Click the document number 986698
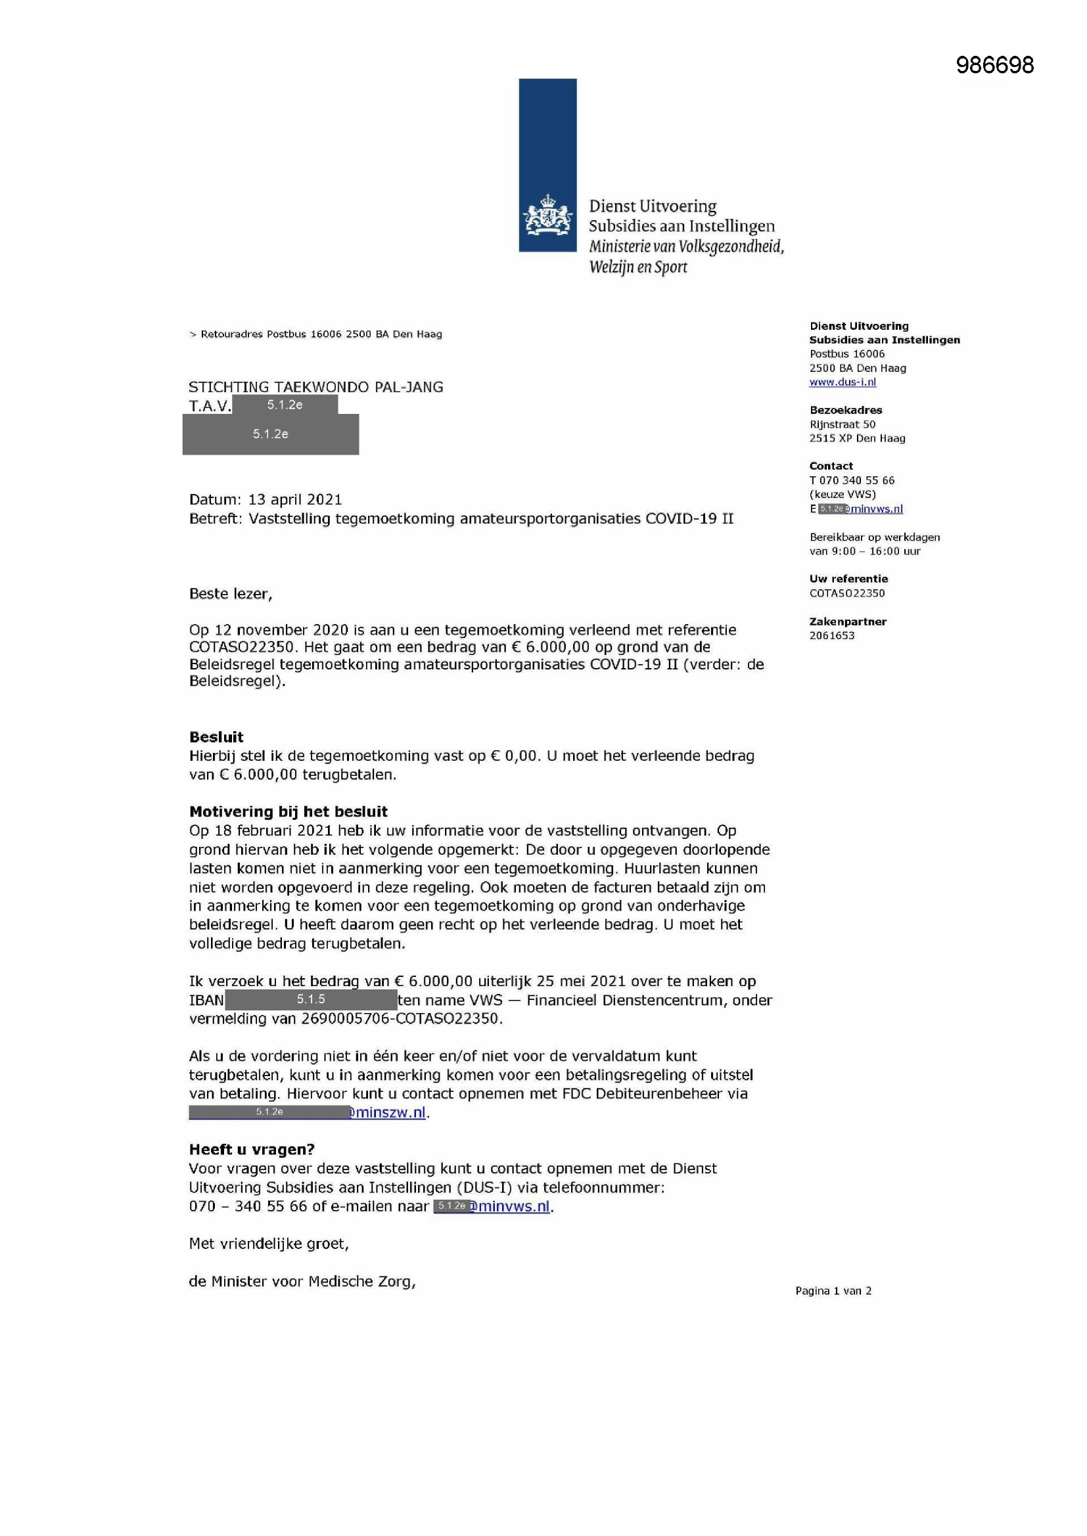994,65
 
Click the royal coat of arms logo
547,215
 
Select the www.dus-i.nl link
842,382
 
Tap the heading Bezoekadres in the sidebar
845,410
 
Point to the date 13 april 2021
294,499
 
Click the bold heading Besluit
216,736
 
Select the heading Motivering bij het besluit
289,811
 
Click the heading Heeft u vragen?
252,1149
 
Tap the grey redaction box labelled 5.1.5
311,999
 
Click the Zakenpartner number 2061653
831,635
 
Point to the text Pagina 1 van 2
833,1290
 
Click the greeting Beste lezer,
230,593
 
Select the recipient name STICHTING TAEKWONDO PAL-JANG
316,387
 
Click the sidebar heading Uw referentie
848,579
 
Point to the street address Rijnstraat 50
842,424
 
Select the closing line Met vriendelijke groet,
268,1243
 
